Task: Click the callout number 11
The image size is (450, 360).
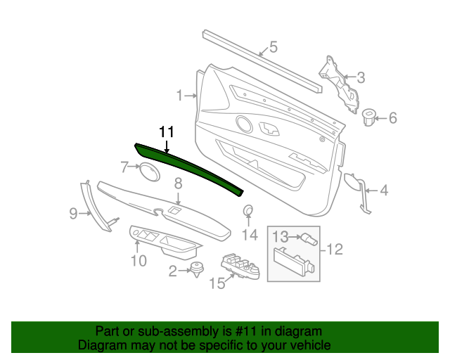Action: coord(166,131)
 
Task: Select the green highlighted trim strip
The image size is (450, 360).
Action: coord(190,167)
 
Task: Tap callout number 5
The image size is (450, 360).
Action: coord(274,48)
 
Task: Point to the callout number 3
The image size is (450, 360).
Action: coord(361,77)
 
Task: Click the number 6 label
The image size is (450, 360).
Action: coord(392,117)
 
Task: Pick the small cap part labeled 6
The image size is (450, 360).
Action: coord(369,117)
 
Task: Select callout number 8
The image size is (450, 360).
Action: coord(178,183)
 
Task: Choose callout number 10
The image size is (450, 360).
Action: coord(139,262)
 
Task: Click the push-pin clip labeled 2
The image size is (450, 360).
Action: coord(198,269)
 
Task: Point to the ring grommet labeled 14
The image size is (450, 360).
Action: coord(249,212)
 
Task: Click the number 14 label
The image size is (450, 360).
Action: coord(250,234)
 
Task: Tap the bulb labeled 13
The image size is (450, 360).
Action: coord(307,239)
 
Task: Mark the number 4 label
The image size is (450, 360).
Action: coord(384,190)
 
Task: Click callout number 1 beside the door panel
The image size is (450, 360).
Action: coord(179,95)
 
